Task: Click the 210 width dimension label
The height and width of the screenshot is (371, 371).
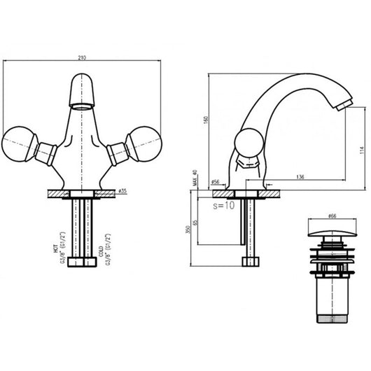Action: pyautogui.click(x=83, y=56)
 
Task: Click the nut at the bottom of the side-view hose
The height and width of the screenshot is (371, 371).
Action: pyautogui.click(x=251, y=262)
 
